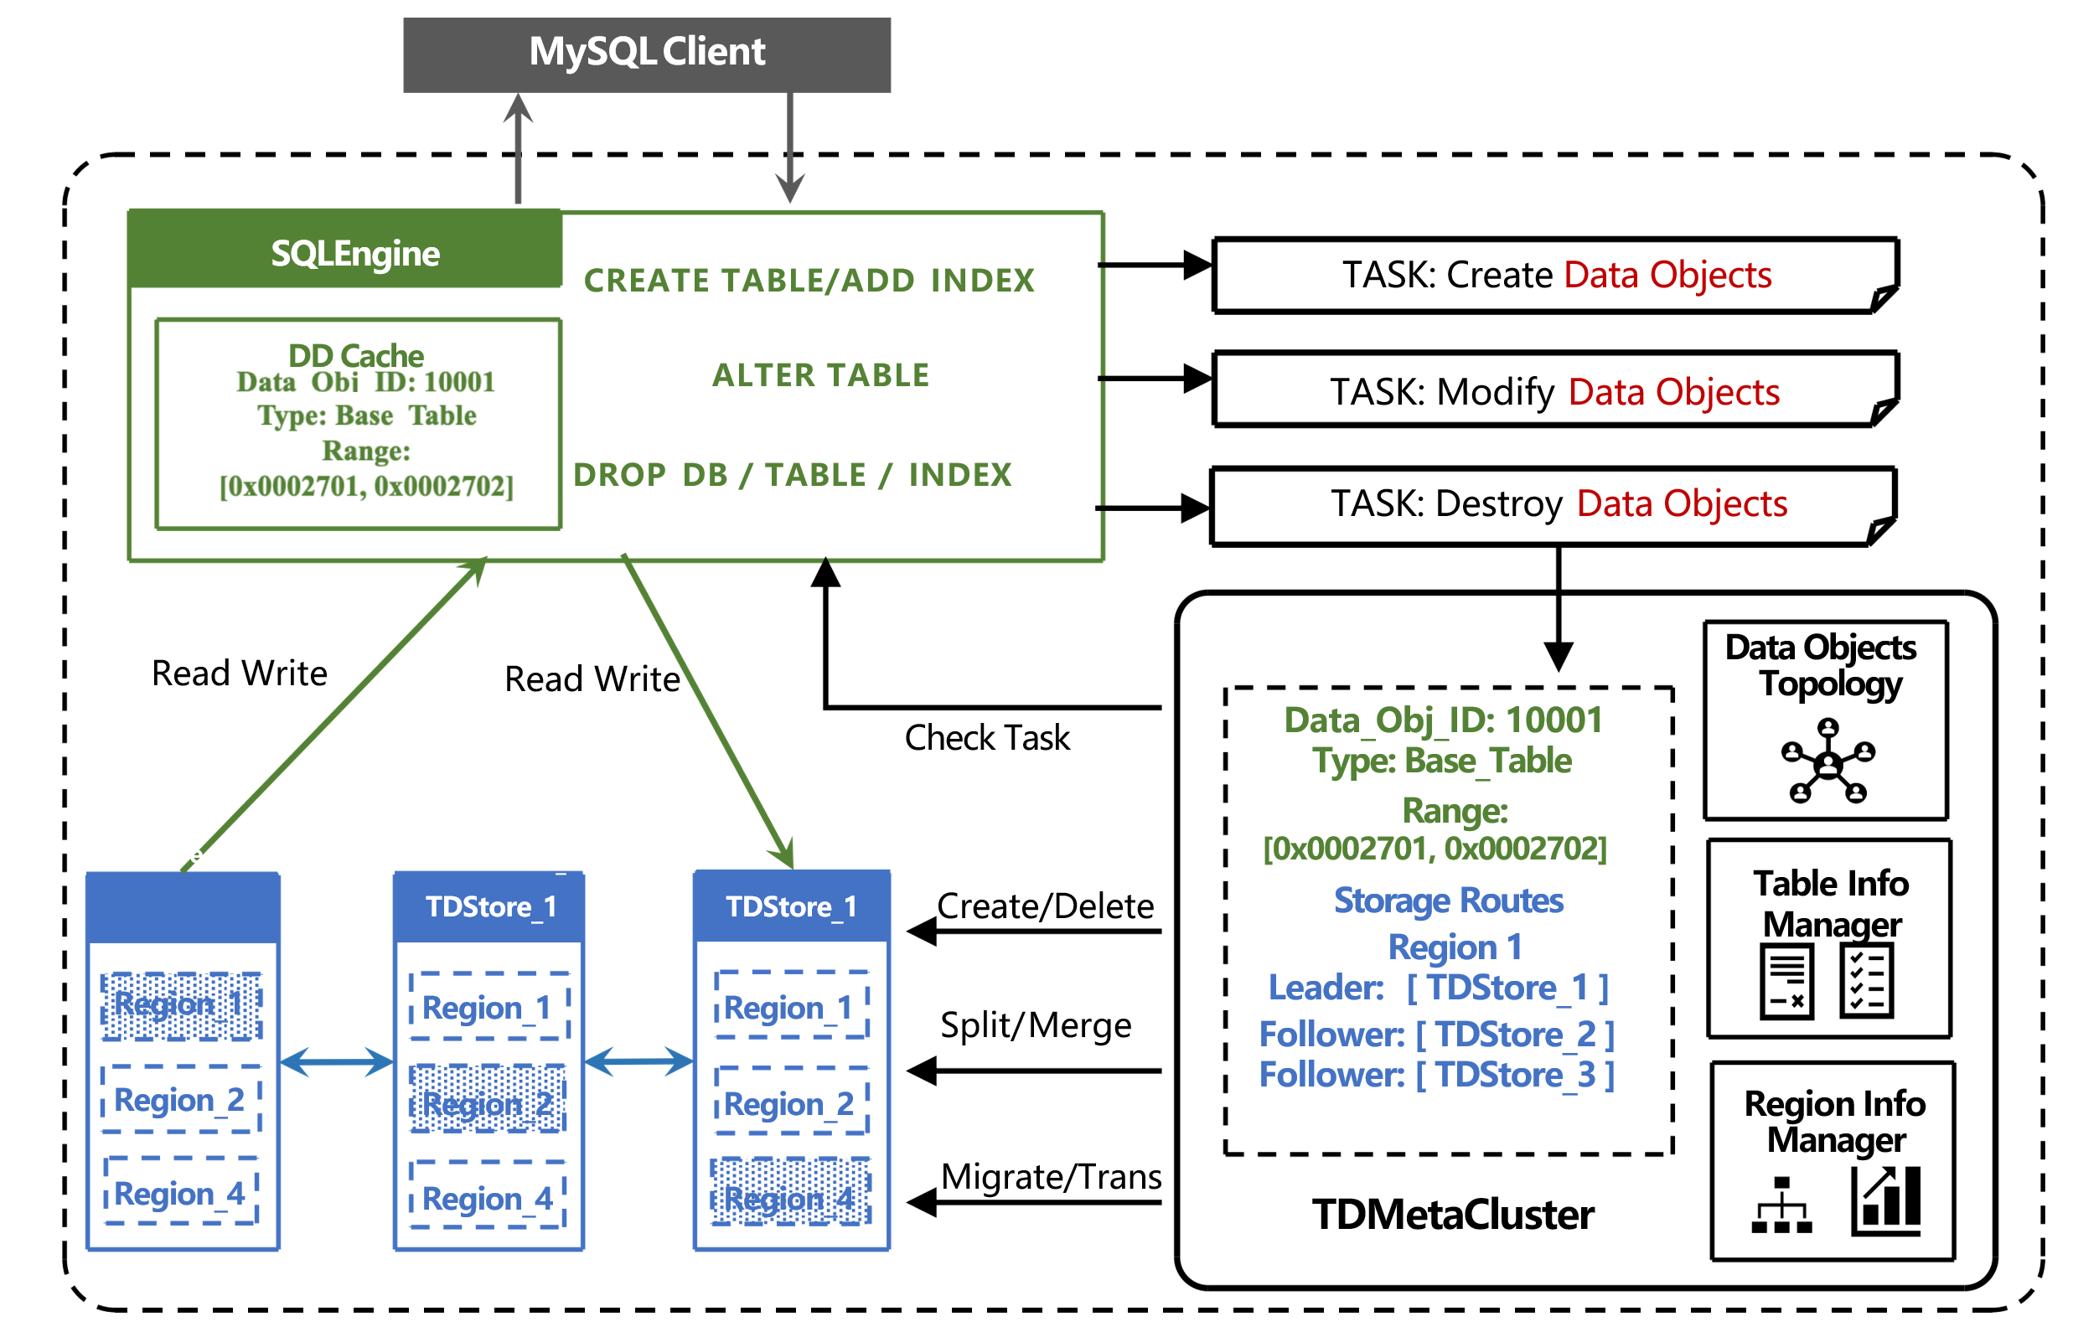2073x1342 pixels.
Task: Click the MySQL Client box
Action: pyautogui.click(x=646, y=53)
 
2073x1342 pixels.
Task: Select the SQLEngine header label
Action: pyautogui.click(x=355, y=254)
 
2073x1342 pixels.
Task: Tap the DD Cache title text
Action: pyautogui.click(x=356, y=355)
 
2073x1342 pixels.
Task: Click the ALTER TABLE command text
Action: pyautogui.click(x=820, y=375)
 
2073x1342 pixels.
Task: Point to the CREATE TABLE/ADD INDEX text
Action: pyautogui.click(x=809, y=281)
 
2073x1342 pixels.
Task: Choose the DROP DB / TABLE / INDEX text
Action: pyautogui.click(x=793, y=475)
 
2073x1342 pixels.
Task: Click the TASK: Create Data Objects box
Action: pyautogui.click(x=1556, y=276)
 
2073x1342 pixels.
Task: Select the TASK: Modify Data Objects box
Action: pyautogui.click(x=1556, y=392)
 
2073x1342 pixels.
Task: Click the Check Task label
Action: pyautogui.click(x=987, y=738)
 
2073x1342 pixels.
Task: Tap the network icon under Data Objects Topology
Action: pyautogui.click(x=1827, y=761)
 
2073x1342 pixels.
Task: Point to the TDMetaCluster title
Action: pyautogui.click(x=1453, y=1215)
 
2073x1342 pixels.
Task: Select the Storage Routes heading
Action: pyautogui.click(x=1449, y=901)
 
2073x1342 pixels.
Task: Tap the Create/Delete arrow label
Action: pyautogui.click(x=1045, y=906)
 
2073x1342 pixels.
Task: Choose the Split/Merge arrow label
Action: pyautogui.click(x=1036, y=1025)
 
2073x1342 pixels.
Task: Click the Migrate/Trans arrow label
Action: pyautogui.click(x=1052, y=1176)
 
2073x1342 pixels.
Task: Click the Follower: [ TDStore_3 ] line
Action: pyautogui.click(x=1437, y=1075)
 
